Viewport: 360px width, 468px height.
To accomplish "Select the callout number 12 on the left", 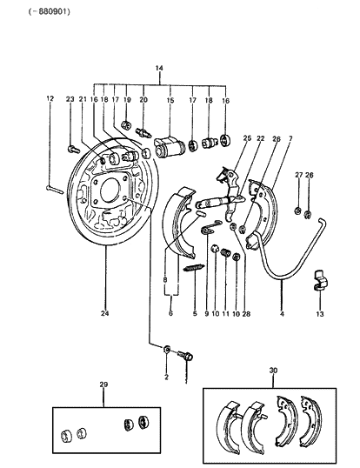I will coord(49,99).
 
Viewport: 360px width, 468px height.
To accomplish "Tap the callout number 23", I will coord(70,99).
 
